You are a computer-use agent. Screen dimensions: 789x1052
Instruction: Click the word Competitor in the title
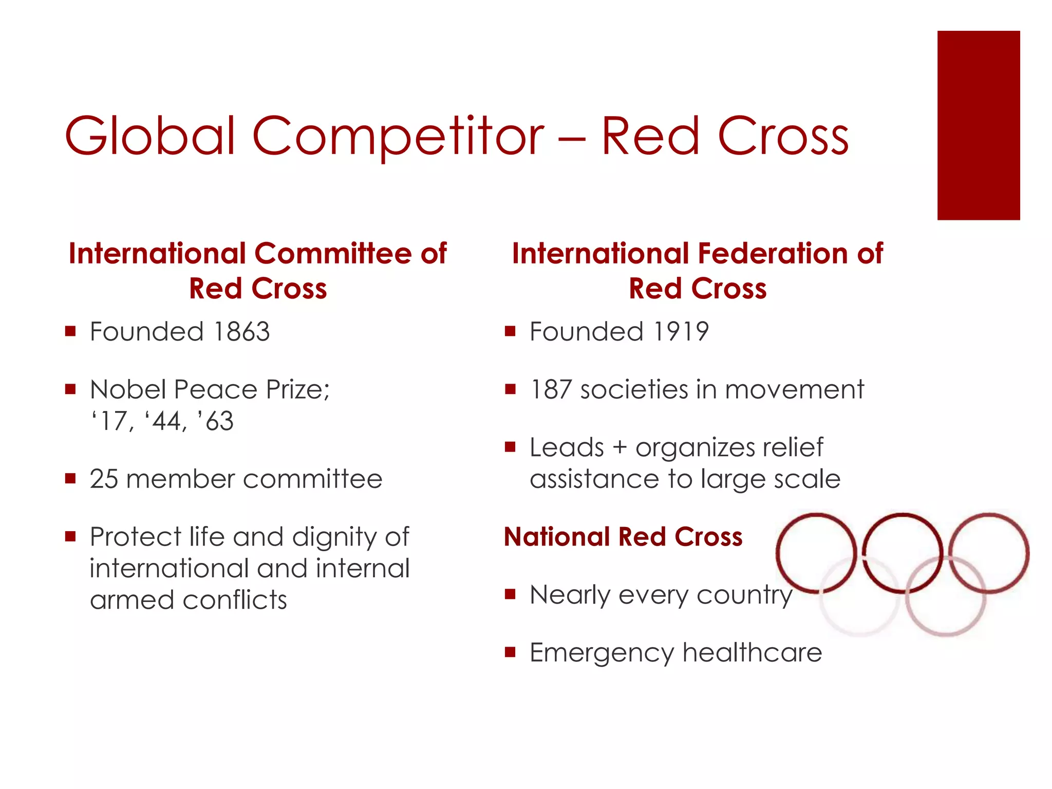[398, 136]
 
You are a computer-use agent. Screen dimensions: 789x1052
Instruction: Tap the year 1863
[241, 331]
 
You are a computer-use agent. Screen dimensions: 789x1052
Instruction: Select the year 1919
[681, 331]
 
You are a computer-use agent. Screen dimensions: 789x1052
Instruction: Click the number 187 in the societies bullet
[551, 389]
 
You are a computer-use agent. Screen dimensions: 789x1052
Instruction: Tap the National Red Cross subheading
[623, 537]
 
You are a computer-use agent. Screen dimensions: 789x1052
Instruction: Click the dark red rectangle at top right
[978, 125]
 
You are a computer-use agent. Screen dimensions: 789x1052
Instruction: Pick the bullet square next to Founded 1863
[71, 331]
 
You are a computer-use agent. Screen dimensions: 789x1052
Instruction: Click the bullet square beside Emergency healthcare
[510, 652]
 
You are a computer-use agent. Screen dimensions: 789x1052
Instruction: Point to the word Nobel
[128, 389]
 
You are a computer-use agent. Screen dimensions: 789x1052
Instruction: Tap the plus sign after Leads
[620, 447]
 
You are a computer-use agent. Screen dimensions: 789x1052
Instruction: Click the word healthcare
[752, 652]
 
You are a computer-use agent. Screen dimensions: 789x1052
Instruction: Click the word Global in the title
[149, 136]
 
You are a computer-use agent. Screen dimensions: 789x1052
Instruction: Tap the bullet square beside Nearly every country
[510, 595]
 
